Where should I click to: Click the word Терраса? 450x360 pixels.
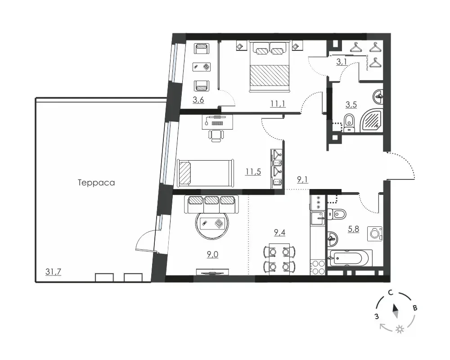tap(96, 183)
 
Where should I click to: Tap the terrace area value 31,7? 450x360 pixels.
tap(54, 271)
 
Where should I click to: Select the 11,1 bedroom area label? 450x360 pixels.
tap(278, 103)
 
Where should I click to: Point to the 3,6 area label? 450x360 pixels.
tap(198, 100)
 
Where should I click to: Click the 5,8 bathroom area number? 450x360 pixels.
tap(354, 229)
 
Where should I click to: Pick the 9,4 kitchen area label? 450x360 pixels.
tap(279, 232)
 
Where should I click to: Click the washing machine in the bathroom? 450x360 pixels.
tap(375, 234)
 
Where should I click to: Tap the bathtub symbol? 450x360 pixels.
tap(351, 258)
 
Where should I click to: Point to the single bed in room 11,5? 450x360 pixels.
tap(205, 172)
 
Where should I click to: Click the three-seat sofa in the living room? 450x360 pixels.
tap(212, 204)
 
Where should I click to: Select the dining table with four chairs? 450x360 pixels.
tap(279, 259)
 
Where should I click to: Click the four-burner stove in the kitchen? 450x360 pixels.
tap(317, 268)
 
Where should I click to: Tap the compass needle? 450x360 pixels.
tap(395, 311)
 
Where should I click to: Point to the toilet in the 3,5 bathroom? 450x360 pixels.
tap(349, 123)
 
